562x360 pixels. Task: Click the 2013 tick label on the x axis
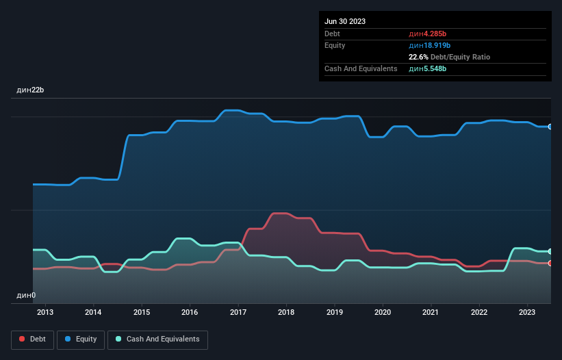pos(45,312)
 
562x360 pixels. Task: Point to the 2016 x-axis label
pos(190,312)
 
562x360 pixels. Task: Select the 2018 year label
pos(286,312)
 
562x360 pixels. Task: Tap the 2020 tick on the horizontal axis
pos(383,312)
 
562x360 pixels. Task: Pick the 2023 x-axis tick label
pos(527,312)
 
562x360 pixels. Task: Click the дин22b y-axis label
pos(31,90)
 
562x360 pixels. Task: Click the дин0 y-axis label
pos(26,295)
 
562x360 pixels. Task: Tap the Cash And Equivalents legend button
pos(157,339)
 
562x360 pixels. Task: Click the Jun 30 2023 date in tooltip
pos(345,21)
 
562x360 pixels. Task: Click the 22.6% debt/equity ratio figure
pos(419,57)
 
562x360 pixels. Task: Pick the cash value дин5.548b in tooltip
pos(428,68)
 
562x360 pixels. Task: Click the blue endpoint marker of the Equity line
pos(550,127)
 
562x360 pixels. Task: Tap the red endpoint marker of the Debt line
pos(550,263)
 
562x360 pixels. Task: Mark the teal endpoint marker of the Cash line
pos(550,252)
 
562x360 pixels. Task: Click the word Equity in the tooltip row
pos(335,45)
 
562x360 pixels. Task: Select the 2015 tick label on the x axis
pos(142,312)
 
